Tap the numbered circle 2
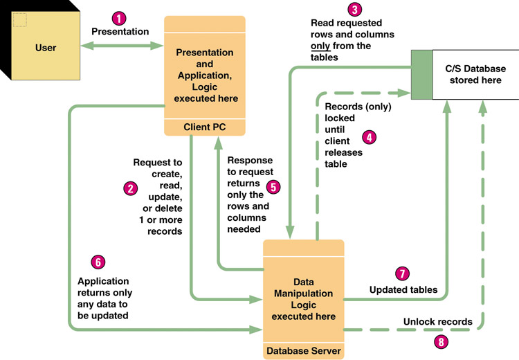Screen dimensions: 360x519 129,188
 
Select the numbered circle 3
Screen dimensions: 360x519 355,10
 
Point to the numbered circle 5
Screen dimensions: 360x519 273,186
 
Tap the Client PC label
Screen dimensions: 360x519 204,127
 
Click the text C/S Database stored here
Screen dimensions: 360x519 475,75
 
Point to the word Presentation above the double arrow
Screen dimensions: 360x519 120,32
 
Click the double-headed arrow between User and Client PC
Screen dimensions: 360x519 120,47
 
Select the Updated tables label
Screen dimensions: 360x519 403,289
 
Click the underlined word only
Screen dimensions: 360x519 320,46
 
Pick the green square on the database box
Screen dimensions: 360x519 421,75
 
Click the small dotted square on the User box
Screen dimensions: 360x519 19,19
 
